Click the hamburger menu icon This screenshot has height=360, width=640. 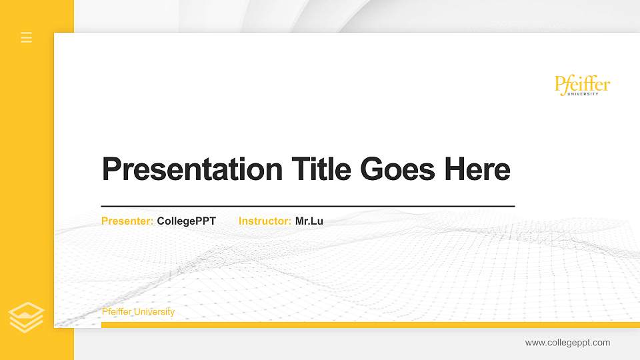click(27, 37)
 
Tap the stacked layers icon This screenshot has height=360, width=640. click(27, 317)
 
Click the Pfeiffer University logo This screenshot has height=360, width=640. click(582, 85)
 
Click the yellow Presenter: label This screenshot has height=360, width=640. click(127, 221)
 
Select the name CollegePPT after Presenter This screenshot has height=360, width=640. click(187, 221)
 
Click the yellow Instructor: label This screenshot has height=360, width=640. click(265, 221)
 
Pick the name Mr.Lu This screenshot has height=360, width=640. click(309, 221)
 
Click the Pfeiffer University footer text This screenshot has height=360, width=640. click(138, 312)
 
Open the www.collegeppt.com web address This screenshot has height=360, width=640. click(567, 343)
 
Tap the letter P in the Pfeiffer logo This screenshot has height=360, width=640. click(560, 84)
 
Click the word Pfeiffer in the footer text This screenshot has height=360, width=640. click(117, 312)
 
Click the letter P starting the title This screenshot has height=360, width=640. click(111, 169)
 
